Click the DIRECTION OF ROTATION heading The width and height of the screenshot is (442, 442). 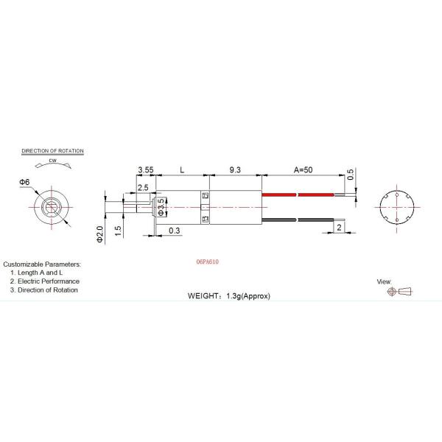point(52,151)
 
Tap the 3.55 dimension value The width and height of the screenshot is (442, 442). point(145,170)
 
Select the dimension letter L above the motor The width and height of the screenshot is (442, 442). point(182,170)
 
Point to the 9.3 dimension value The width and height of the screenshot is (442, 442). point(235,170)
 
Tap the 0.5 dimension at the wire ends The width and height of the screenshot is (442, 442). point(350,176)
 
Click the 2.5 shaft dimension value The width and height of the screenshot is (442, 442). point(141,188)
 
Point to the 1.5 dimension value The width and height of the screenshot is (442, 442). point(119,230)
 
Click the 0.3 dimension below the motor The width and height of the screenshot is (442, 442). point(174,231)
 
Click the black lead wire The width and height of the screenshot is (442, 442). point(280,220)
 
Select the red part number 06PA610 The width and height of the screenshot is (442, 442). point(208,262)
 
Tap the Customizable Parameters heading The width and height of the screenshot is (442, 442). point(42,264)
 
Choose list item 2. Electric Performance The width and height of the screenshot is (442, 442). point(45,281)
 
